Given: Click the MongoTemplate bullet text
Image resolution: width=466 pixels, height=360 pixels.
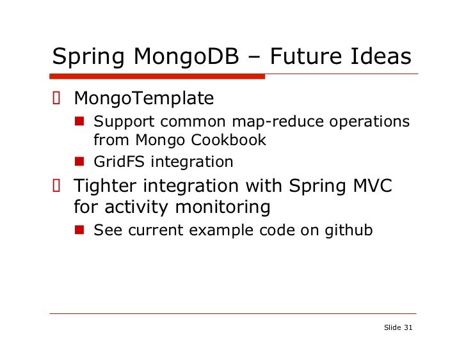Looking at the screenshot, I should [143, 98].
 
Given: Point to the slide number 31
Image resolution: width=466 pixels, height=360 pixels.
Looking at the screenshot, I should [408, 327].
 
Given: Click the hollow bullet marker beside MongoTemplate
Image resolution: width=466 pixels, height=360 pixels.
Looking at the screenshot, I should [56, 98].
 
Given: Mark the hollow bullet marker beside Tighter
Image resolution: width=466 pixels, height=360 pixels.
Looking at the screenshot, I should [56, 187].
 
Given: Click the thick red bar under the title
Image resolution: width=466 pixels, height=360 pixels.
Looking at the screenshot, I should [157, 76].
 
